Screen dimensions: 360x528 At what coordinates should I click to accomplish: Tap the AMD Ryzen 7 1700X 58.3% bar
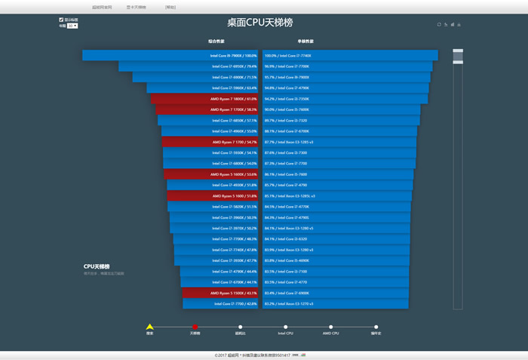tap(207, 109)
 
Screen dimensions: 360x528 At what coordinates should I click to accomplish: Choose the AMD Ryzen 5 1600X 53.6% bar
tap(211, 174)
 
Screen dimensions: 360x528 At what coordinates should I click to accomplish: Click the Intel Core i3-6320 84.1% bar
tap(336, 239)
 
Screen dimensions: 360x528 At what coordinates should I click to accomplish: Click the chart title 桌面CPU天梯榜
tap(264, 23)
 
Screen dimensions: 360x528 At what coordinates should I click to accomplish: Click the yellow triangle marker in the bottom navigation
tap(149, 327)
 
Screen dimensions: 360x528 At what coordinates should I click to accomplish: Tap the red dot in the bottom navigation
tap(195, 327)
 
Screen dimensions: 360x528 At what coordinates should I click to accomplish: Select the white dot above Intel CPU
tap(285, 327)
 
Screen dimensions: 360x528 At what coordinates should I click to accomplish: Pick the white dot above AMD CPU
tap(330, 327)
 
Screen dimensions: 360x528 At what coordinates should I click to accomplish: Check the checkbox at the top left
tap(61, 20)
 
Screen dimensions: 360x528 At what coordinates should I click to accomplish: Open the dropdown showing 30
tap(72, 26)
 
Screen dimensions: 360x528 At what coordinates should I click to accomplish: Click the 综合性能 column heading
tap(216, 42)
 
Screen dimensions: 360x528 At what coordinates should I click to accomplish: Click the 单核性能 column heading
tap(305, 42)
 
